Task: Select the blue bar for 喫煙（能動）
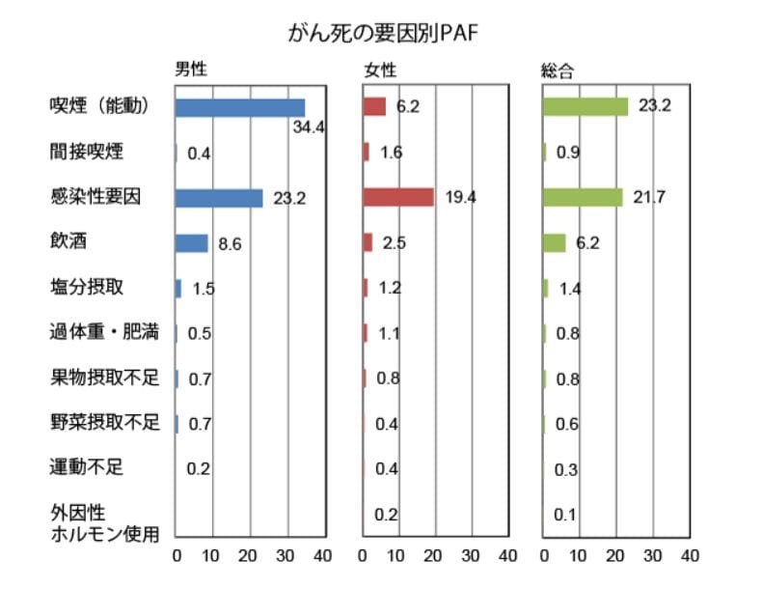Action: pos(239,107)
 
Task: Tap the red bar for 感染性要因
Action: pos(398,197)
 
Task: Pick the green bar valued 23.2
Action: pos(585,106)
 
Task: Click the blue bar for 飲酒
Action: pos(191,242)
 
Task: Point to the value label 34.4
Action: pos(308,126)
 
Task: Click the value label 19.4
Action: pos(460,197)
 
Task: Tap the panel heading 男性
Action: pos(189,70)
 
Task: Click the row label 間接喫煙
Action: pos(87,152)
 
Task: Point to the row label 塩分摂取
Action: pos(87,287)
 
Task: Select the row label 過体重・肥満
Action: pos(104,332)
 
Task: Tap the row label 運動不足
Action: pos(87,468)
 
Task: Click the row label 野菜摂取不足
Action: pos(104,423)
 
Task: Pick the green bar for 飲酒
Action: pos(555,242)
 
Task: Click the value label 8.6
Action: pos(230,243)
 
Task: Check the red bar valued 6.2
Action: pos(374,106)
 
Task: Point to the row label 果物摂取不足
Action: pos(104,378)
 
